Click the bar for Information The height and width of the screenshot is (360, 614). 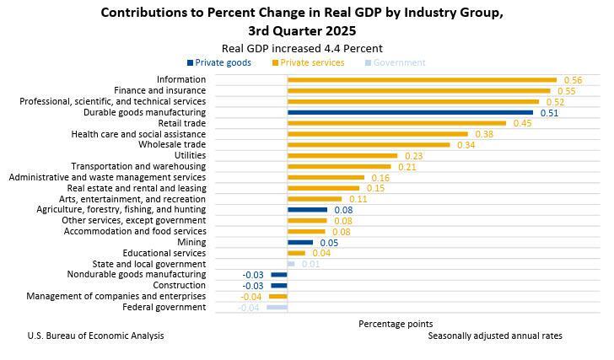pyautogui.click(x=422, y=80)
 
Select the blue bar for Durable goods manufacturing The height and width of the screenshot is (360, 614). pyautogui.click(x=410, y=112)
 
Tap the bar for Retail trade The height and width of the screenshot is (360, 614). pyautogui.click(x=396, y=123)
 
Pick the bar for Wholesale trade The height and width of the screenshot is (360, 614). pyautogui.click(x=369, y=145)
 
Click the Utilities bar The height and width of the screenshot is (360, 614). pyautogui.click(x=342, y=156)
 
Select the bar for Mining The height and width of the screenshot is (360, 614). pyautogui.click(x=300, y=243)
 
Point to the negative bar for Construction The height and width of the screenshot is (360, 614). pyautogui.click(x=279, y=286)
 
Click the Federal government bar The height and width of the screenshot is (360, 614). pyautogui.click(x=277, y=308)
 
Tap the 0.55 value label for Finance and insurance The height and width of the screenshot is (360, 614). pyautogui.click(x=566, y=91)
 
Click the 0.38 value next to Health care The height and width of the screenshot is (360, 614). pyautogui.click(x=484, y=134)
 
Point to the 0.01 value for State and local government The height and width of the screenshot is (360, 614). pyautogui.click(x=310, y=265)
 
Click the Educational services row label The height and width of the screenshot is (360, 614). pyautogui.click(x=164, y=254)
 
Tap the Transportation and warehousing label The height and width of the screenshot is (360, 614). pyautogui.click(x=138, y=167)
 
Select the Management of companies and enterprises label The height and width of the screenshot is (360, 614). pyautogui.click(x=116, y=297)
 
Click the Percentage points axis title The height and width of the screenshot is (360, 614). pyautogui.click(x=396, y=324)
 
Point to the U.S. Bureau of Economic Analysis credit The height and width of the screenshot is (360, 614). pyautogui.click(x=95, y=336)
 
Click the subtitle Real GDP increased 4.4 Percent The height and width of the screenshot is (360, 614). pyautogui.click(x=301, y=48)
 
